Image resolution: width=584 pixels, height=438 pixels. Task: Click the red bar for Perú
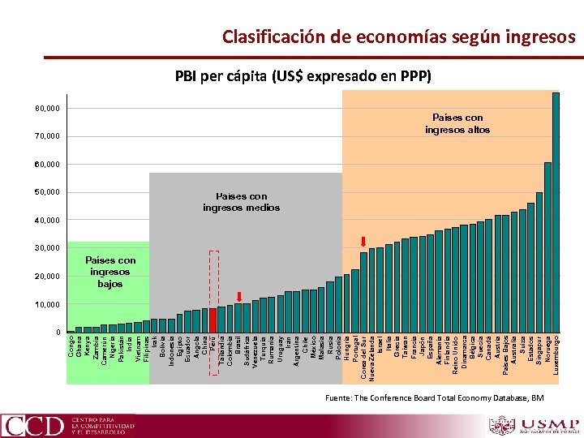click(213, 320)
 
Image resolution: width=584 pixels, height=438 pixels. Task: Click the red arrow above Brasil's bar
click(239, 296)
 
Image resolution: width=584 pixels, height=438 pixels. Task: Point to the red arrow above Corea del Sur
click(363, 241)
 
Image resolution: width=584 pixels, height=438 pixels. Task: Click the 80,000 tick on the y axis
click(47, 108)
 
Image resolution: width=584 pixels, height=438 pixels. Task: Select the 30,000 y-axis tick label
click(47, 248)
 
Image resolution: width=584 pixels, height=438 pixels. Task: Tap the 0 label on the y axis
click(58, 333)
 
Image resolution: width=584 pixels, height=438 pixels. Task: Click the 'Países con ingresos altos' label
click(457, 123)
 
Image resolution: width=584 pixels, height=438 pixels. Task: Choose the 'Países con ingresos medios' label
click(241, 202)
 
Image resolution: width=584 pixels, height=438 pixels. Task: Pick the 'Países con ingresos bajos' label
click(110, 273)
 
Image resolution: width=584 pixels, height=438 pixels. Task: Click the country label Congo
click(71, 346)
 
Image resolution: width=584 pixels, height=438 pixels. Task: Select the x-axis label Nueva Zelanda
click(371, 358)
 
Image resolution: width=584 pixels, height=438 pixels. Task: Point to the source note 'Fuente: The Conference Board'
click(433, 397)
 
